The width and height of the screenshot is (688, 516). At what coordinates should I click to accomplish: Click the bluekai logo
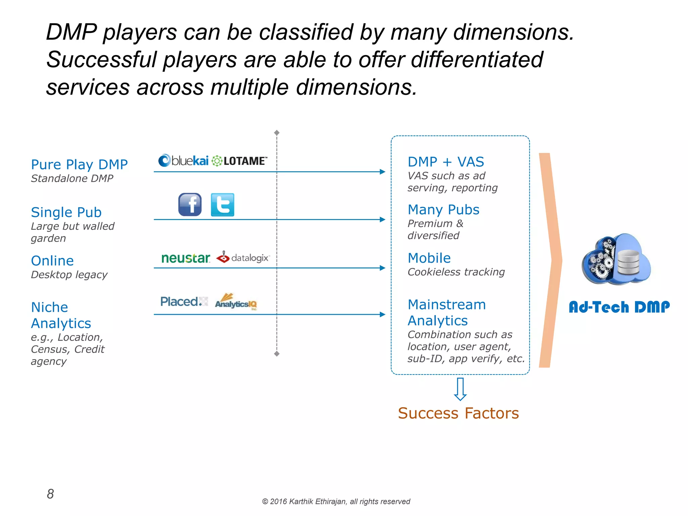[x=183, y=161]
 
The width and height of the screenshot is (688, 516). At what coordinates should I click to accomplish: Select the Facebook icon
[x=190, y=204]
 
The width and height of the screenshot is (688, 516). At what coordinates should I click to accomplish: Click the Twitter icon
[x=222, y=204]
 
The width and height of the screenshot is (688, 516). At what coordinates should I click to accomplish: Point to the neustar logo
[x=185, y=258]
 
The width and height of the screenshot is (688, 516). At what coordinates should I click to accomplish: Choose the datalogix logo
[x=243, y=258]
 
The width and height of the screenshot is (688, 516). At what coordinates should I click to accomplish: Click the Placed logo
[x=184, y=301]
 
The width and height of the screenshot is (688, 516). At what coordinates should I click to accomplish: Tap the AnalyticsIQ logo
[x=236, y=302]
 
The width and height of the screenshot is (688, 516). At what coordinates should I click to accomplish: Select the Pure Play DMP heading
[x=79, y=165]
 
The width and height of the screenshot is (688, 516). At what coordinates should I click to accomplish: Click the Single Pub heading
[x=66, y=212]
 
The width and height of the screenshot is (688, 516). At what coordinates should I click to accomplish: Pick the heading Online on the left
[x=52, y=261]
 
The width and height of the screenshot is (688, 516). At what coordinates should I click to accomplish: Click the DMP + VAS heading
[x=446, y=162]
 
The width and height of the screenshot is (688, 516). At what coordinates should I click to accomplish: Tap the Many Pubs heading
[x=443, y=210]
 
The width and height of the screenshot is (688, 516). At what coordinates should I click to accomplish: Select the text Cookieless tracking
[x=456, y=272]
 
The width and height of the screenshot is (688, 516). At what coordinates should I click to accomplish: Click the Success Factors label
[x=458, y=413]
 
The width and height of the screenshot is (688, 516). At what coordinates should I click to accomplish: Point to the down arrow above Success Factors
[x=460, y=389]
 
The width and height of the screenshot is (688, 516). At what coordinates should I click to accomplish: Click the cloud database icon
[x=616, y=259]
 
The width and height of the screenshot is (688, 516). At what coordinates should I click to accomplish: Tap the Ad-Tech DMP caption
[x=619, y=307]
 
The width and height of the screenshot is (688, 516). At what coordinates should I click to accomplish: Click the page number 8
[x=50, y=494]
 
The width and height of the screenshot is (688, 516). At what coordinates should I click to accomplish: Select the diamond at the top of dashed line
[x=277, y=133]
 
